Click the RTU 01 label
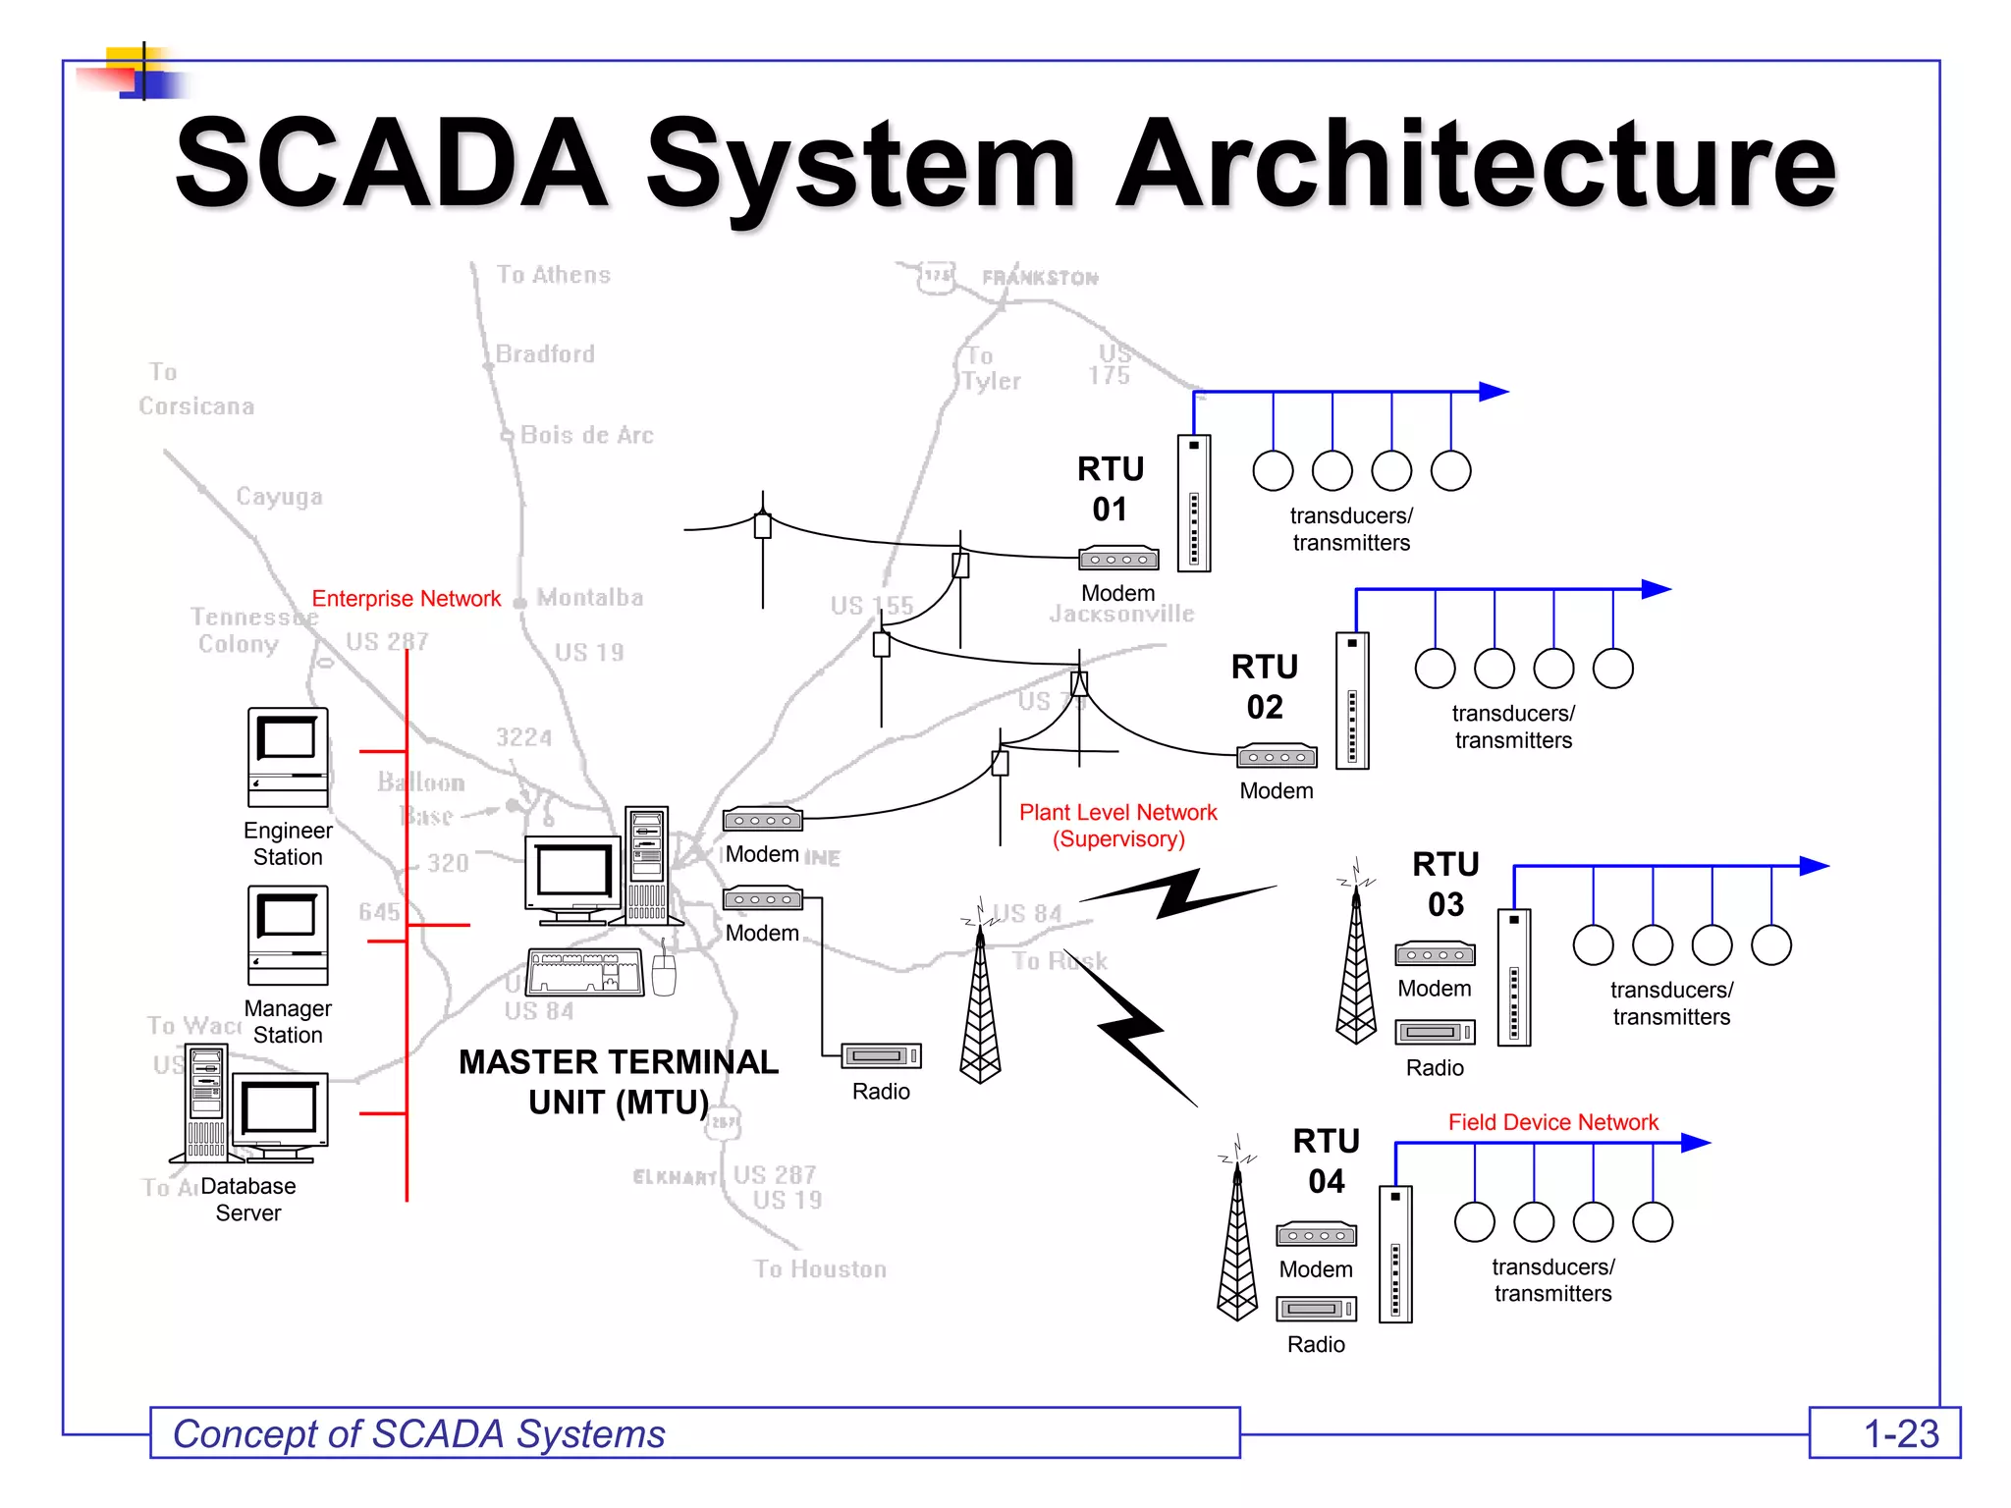(x=1111, y=489)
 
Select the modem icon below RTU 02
(x=1277, y=757)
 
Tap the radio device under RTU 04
(x=1316, y=1309)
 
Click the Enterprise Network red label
(x=406, y=599)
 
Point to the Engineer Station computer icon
(x=288, y=757)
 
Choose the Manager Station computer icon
(x=288, y=935)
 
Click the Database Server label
(x=248, y=1200)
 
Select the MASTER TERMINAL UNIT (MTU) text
(x=619, y=1082)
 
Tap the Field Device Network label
(x=1552, y=1122)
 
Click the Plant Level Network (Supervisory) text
(x=1118, y=826)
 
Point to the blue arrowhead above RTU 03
(x=1813, y=866)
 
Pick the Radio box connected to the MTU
(x=881, y=1056)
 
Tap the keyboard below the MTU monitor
(x=585, y=972)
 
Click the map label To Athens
(x=553, y=275)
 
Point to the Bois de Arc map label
(x=586, y=435)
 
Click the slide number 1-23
(x=1901, y=1434)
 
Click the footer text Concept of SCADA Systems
(x=419, y=1434)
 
